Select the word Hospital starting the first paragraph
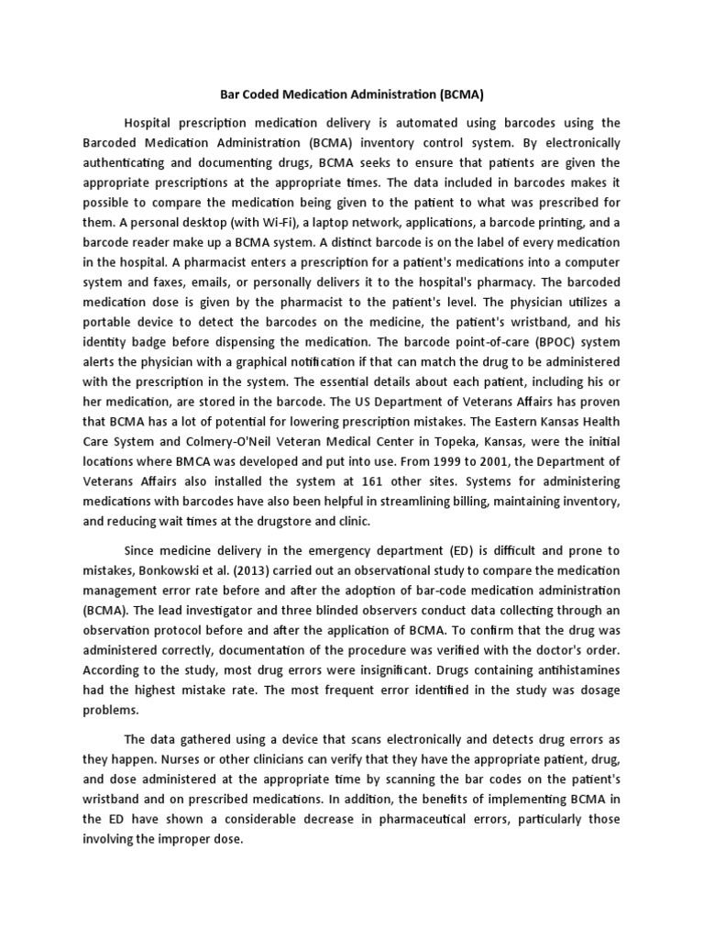tap(150, 122)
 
